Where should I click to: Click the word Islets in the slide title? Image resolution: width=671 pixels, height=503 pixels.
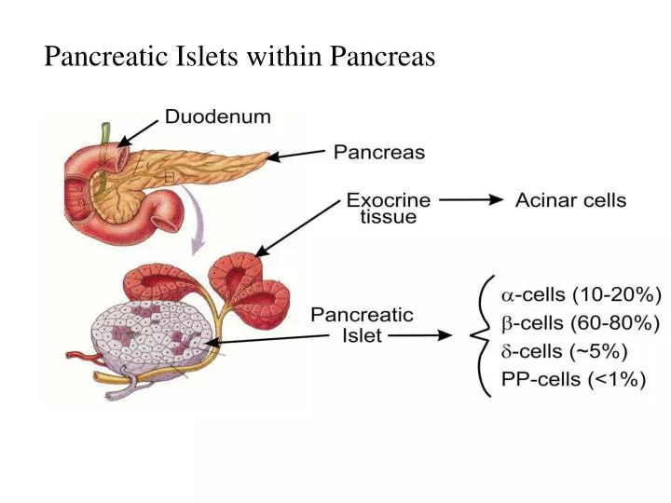tap(211, 58)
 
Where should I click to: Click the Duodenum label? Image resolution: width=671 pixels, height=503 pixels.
tap(218, 117)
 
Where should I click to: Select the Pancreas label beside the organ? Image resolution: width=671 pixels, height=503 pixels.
tap(379, 152)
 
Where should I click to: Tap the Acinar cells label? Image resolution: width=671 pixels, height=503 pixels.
tap(571, 199)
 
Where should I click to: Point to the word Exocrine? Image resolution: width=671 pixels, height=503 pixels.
tap(389, 199)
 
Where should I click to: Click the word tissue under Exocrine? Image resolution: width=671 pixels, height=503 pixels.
tap(390, 217)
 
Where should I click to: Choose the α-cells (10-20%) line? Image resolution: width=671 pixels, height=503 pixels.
tap(582, 295)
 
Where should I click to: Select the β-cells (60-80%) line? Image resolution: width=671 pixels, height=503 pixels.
tap(582, 324)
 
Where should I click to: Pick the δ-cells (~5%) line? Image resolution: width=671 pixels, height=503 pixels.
tap(565, 352)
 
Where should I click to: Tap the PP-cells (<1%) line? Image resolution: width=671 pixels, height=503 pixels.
tap(574, 380)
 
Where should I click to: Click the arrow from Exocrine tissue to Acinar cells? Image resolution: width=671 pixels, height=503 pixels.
tap(471, 199)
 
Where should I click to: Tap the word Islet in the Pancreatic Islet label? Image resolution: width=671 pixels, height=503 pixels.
tap(359, 335)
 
